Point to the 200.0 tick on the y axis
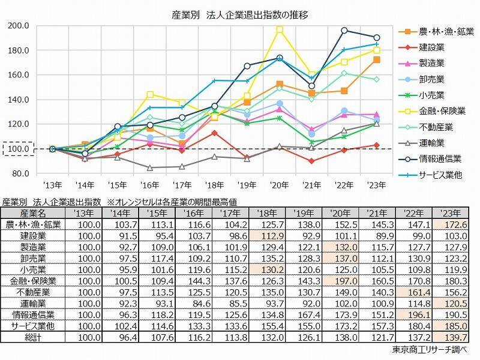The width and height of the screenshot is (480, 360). (19, 25)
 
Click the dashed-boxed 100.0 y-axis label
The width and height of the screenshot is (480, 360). (19, 149)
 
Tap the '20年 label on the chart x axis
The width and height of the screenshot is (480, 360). (279, 185)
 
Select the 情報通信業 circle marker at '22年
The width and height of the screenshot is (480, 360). (344, 30)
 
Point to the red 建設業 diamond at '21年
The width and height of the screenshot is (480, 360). (311, 161)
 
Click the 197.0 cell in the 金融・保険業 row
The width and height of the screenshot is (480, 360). (341, 281)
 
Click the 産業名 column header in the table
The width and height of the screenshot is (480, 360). (26, 212)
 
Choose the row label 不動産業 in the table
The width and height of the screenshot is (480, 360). (26, 291)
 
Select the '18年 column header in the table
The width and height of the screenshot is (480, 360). (268, 212)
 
